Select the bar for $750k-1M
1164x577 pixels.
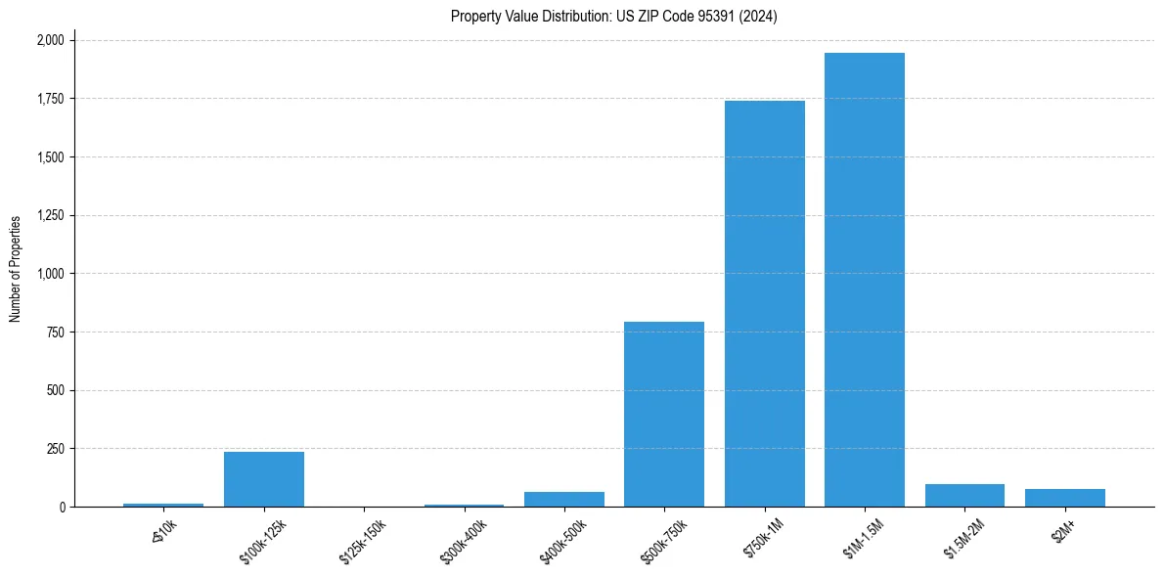tap(764, 303)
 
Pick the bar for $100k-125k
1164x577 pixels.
tap(263, 479)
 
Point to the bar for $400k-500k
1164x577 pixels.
tap(563, 499)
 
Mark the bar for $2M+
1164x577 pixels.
tap(1064, 498)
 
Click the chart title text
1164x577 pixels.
tap(613, 16)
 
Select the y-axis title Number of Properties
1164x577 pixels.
tap(16, 269)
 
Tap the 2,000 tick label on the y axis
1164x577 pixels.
tap(51, 40)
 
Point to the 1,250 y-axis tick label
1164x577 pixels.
tap(51, 215)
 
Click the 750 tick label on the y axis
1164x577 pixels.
tap(57, 333)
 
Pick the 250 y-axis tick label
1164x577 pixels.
tap(57, 449)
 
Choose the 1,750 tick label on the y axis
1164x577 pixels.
tap(51, 99)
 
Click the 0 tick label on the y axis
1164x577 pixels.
tap(63, 507)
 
